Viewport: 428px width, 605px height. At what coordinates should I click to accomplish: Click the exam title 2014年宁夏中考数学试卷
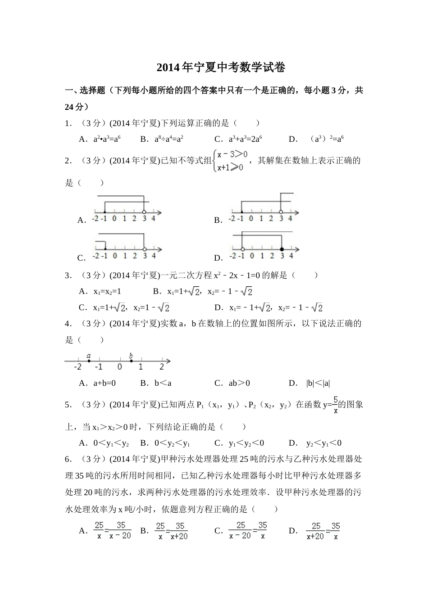(221, 68)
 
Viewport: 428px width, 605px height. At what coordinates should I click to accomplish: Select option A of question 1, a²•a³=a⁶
(106, 139)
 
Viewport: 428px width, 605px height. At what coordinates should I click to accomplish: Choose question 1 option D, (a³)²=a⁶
(327, 139)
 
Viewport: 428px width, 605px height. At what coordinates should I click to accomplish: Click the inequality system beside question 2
(231, 161)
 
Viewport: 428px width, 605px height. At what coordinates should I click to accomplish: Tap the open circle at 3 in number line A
(144, 212)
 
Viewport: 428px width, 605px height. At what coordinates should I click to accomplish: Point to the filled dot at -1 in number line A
(105, 212)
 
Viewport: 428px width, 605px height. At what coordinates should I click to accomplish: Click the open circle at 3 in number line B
(281, 212)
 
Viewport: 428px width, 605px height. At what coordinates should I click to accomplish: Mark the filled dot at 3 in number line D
(282, 249)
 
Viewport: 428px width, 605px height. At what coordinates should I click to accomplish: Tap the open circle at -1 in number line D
(242, 249)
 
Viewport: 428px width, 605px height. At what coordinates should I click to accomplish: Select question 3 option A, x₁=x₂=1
(107, 291)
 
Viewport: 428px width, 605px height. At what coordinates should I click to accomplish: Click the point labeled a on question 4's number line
(89, 361)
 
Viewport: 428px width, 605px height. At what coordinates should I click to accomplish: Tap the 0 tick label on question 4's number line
(119, 367)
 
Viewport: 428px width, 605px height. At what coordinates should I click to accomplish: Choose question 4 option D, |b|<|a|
(318, 384)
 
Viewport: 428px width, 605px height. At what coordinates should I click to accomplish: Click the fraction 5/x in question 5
(335, 404)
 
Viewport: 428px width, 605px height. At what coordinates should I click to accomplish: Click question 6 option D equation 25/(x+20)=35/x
(323, 531)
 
